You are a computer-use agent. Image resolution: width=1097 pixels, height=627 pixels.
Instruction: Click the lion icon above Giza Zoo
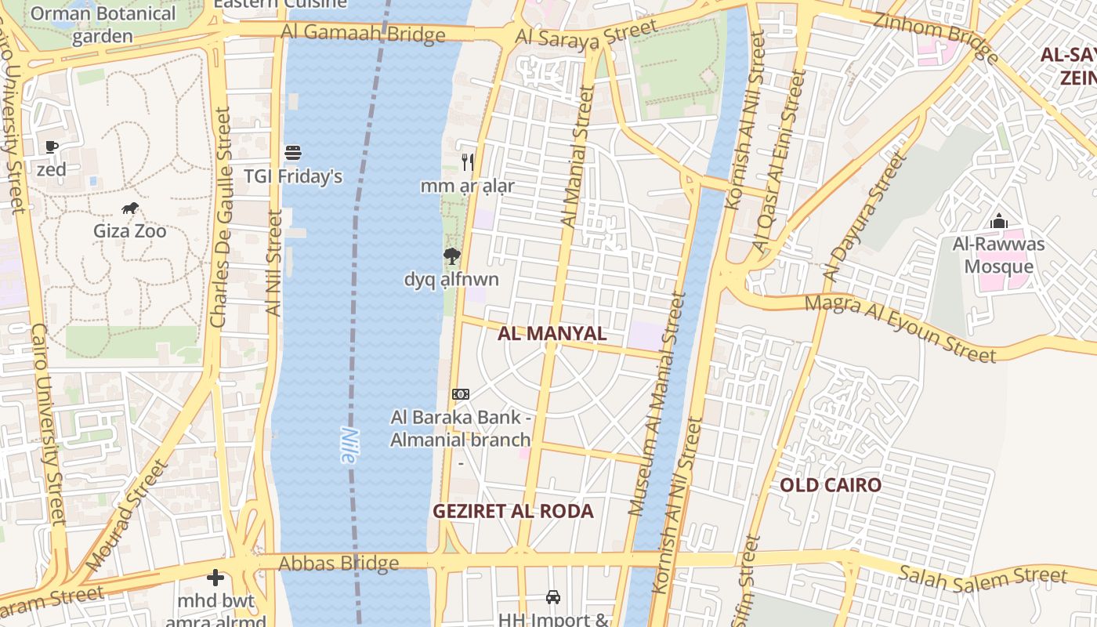(x=130, y=208)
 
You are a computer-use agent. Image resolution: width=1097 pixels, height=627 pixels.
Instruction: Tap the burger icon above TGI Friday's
(x=293, y=152)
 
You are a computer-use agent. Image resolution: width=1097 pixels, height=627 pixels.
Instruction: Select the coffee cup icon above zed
(x=52, y=147)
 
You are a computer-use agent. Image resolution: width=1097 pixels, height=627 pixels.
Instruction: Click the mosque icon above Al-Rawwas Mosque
(x=998, y=222)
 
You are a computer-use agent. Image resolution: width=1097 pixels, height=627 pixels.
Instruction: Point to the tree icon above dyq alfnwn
(x=451, y=256)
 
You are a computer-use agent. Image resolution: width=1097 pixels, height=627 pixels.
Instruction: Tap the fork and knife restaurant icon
(x=468, y=162)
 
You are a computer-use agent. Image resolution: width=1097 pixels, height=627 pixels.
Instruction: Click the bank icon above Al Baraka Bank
(x=461, y=394)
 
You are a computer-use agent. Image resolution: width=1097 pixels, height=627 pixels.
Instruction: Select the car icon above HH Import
(x=553, y=597)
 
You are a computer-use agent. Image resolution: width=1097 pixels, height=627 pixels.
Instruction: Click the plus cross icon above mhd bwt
(x=215, y=578)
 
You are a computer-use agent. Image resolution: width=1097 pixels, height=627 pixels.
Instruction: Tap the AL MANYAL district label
(x=552, y=333)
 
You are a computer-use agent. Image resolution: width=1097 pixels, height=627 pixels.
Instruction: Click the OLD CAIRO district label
(x=831, y=485)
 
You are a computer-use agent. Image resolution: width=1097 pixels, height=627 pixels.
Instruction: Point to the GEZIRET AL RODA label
(x=513, y=512)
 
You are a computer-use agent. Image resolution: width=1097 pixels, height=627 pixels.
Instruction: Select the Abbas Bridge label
(x=339, y=564)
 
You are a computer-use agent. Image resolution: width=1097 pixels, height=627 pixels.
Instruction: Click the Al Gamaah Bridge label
(x=364, y=33)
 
